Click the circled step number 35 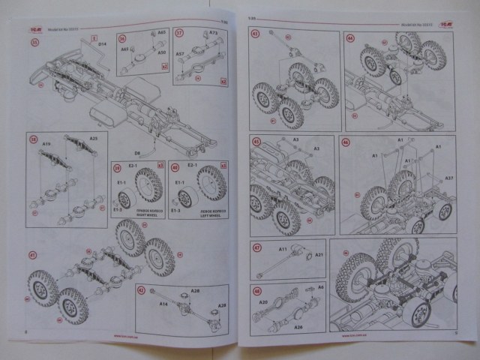point(33,42)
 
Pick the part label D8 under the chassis point(148,151)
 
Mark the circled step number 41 point(33,255)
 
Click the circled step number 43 point(256,141)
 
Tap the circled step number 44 point(349,37)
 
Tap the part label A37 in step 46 point(448,178)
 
